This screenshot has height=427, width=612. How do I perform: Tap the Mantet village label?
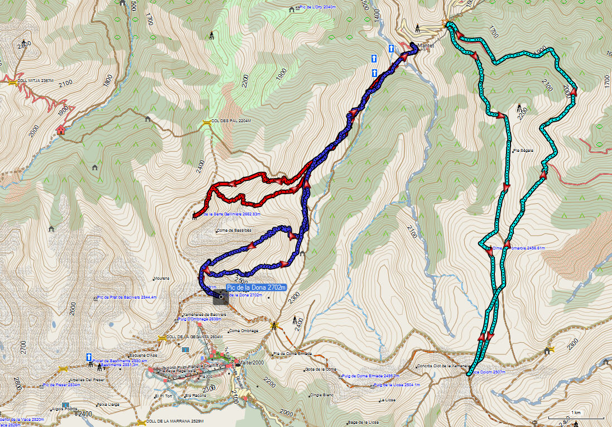pos(426,46)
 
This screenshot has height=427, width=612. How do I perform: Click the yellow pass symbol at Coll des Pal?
pos(207,121)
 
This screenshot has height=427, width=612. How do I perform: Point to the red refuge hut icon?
pos(60,130)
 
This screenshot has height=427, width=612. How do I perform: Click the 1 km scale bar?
pos(576,417)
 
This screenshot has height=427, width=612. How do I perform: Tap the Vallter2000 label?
pos(250,362)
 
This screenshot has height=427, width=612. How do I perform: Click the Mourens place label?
pos(161,277)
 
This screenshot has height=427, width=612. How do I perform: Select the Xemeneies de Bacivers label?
pos(203,314)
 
